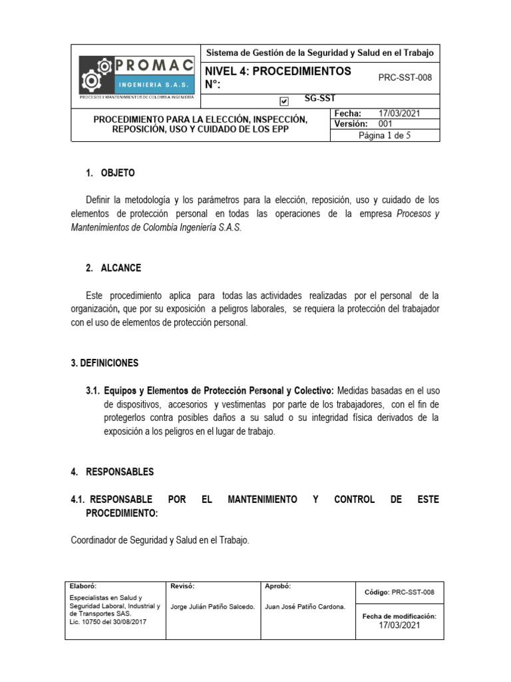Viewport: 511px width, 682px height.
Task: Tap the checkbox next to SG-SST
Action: (285, 101)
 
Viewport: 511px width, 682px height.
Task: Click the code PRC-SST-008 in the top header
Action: (405, 77)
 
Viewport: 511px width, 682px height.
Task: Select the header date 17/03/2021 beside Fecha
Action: (399, 114)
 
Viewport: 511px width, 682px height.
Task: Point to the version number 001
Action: (386, 124)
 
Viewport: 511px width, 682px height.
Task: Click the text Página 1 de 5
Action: (385, 135)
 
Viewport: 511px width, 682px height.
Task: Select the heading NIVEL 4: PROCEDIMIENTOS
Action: (279, 71)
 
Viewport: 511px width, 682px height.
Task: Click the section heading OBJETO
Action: (117, 173)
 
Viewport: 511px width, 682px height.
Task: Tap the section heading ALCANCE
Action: (120, 268)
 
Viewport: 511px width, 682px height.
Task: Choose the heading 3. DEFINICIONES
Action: (104, 363)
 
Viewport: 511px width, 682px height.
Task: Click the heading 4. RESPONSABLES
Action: (112, 472)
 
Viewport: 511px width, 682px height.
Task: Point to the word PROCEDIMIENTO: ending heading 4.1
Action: (122, 513)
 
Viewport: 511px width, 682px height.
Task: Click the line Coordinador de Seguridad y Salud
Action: (160, 541)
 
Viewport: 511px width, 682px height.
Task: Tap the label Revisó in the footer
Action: (182, 586)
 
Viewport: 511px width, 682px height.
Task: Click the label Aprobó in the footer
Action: (277, 586)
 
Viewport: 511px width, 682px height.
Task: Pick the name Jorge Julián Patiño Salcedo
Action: (213, 607)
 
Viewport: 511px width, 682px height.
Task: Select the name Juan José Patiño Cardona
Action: (305, 607)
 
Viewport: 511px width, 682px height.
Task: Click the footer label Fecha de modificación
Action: (399, 616)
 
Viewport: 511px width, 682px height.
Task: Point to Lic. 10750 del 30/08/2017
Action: (108, 621)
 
